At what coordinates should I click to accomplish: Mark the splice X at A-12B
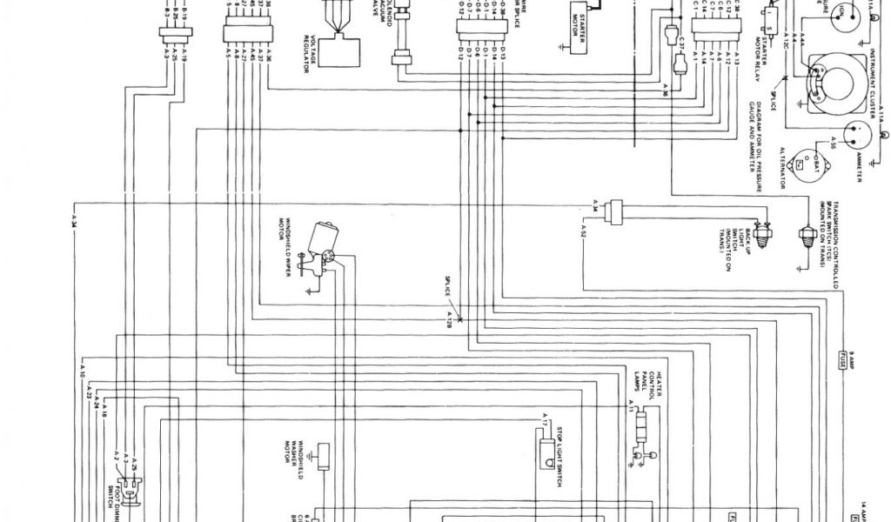(x=459, y=320)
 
